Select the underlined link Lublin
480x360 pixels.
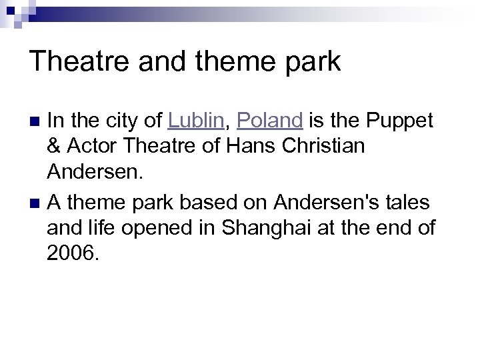point(197,121)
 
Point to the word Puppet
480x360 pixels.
point(399,122)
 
